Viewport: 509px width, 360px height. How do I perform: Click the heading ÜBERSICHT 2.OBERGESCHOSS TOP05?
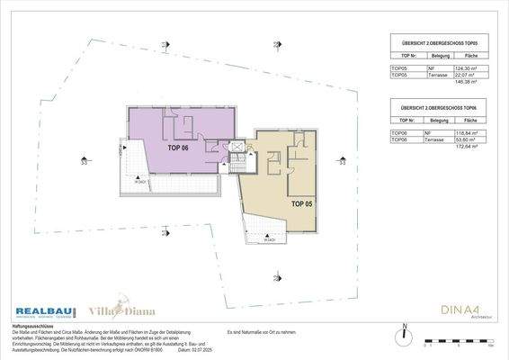pyautogui.click(x=438, y=43)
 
